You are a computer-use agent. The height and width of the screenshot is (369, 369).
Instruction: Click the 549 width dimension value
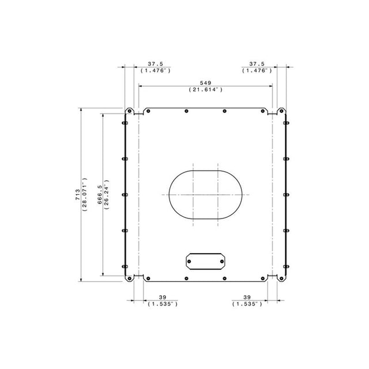pos(205,83)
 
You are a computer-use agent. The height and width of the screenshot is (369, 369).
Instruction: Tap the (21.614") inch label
pos(205,89)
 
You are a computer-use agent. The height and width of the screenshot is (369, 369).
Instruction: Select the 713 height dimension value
pos(77,195)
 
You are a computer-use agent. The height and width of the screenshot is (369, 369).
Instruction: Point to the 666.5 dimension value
pos(100,195)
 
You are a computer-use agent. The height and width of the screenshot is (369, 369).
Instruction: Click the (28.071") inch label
pos(85,194)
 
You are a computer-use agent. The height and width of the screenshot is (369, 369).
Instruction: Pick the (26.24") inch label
pos(107,195)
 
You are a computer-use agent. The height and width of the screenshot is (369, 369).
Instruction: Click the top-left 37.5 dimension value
pos(155,64)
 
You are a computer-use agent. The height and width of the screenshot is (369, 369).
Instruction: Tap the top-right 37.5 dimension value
pos(257,64)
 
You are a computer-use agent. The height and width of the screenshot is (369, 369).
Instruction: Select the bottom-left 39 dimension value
pos(163,298)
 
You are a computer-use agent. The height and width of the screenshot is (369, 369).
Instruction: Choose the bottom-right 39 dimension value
pos(247,298)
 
